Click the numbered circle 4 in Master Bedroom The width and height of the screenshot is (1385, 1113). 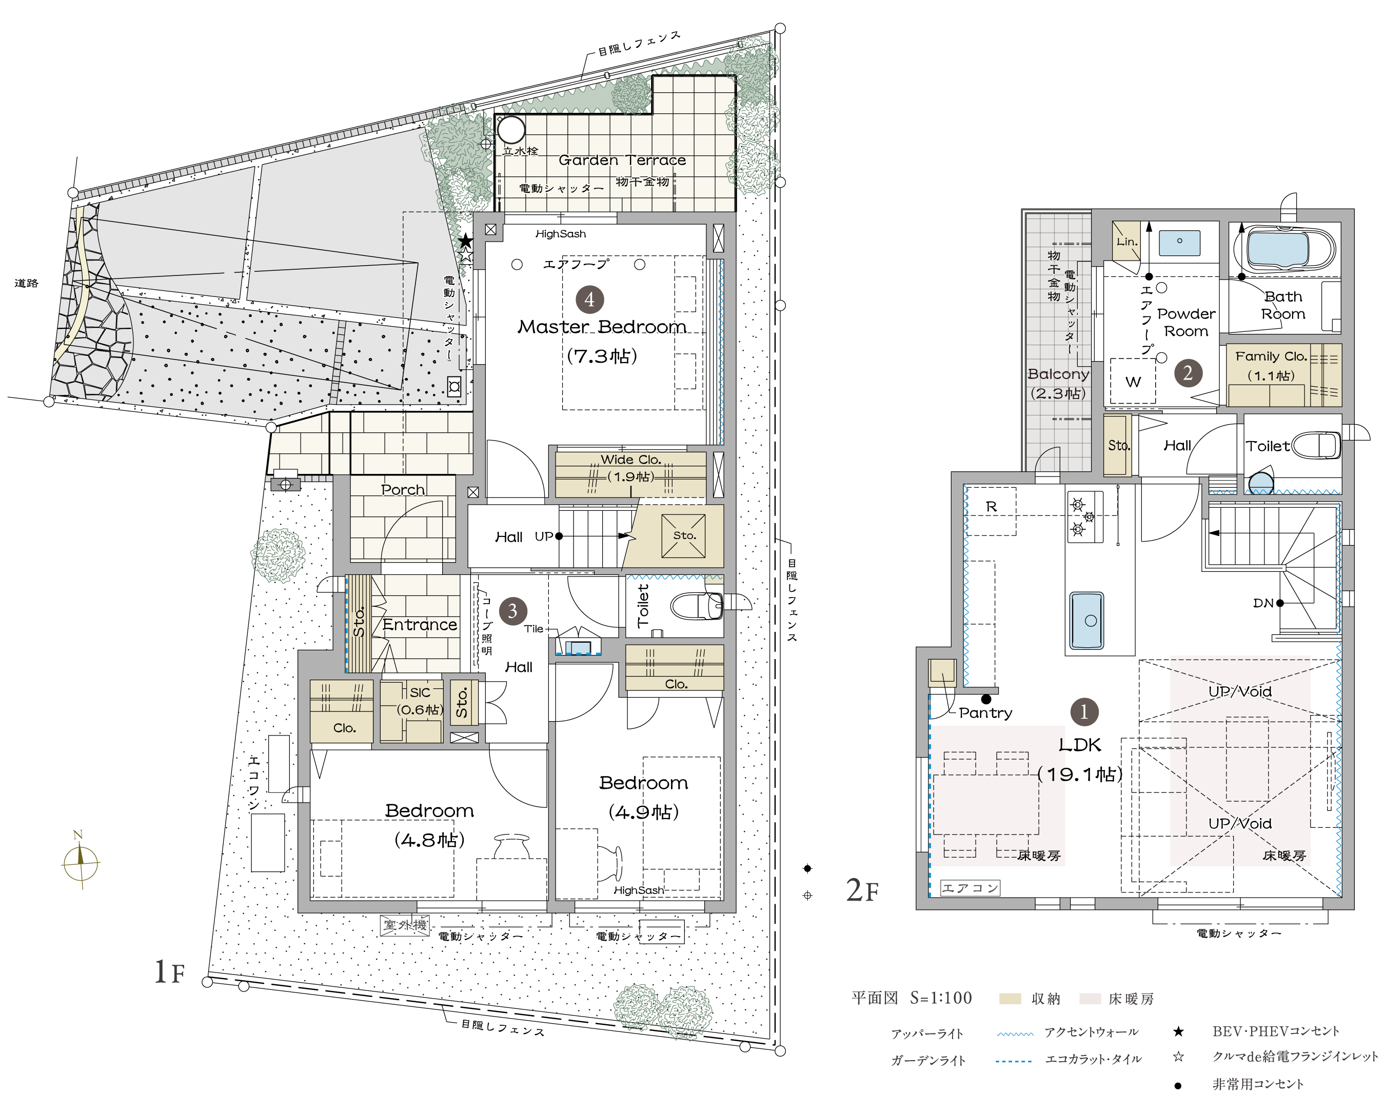click(589, 300)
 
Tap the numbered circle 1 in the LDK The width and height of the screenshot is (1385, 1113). click(1084, 711)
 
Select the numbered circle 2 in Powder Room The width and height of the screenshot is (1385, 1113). click(1188, 372)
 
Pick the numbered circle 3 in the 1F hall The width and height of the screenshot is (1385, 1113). click(512, 611)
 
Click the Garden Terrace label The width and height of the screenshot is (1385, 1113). click(622, 160)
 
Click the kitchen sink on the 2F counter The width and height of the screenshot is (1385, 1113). click(1086, 621)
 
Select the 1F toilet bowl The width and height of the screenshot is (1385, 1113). click(697, 606)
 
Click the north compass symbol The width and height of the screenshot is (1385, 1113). click(81, 860)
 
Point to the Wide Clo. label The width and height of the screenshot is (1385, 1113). click(631, 459)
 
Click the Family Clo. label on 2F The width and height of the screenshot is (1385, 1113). click(1271, 356)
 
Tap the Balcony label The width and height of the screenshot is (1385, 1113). click(1058, 374)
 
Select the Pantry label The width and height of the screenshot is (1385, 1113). click(985, 712)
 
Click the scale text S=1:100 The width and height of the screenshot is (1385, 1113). click(940, 998)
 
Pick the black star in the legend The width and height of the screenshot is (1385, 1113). click(1178, 1031)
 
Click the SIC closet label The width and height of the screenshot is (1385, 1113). click(420, 692)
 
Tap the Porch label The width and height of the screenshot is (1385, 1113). click(403, 489)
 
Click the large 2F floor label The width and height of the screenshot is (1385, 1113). click(862, 890)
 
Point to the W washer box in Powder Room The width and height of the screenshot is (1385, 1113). click(1133, 382)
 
